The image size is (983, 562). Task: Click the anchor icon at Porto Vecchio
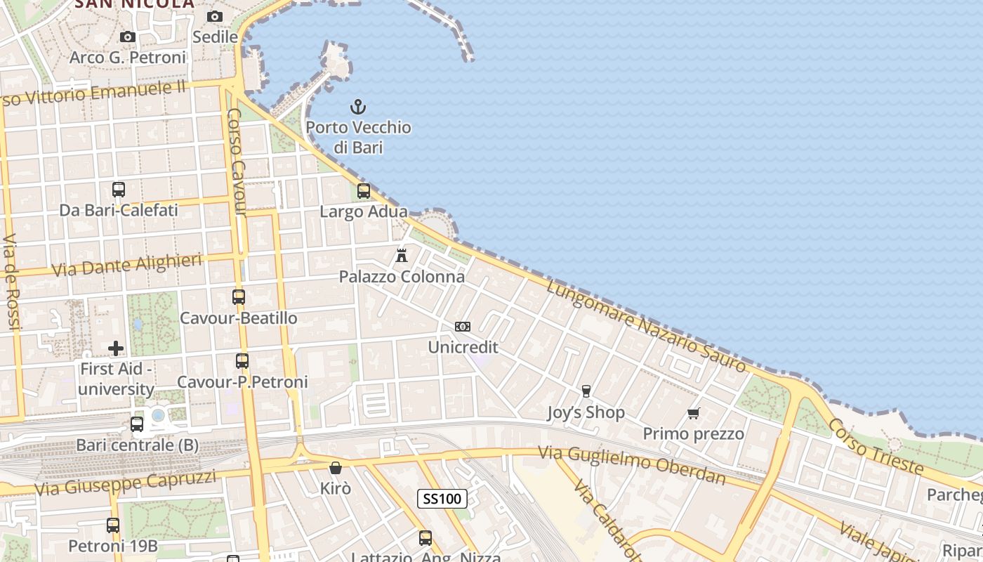358,107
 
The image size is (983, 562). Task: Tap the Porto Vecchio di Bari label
358,137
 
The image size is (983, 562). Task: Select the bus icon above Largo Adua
364,190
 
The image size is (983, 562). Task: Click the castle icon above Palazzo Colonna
402,255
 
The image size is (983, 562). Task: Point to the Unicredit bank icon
463,326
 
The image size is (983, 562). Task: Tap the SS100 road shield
442,499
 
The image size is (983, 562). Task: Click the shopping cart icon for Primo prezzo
694,413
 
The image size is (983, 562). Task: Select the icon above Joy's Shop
586,391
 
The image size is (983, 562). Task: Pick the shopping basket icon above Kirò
336,467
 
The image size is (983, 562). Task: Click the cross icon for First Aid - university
116,348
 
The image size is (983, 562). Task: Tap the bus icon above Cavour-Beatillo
239,297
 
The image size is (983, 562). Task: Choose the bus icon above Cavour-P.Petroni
242,361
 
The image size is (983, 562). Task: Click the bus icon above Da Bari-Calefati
119,189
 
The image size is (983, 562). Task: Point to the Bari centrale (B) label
137,445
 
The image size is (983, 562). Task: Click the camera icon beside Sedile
215,16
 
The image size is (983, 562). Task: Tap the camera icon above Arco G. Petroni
127,37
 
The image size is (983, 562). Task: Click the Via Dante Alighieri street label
127,265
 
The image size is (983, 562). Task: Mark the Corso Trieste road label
875,445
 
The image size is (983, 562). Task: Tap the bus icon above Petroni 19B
113,525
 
